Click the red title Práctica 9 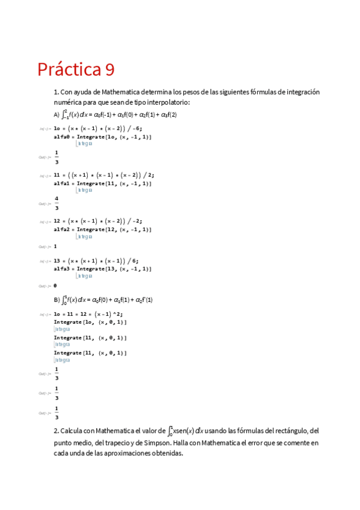coord(75,70)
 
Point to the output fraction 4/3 coord(56,201)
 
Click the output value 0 coord(55,286)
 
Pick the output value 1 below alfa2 coord(55,246)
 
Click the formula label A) coord(56,114)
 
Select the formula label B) coord(56,300)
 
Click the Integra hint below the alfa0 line coord(84,144)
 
